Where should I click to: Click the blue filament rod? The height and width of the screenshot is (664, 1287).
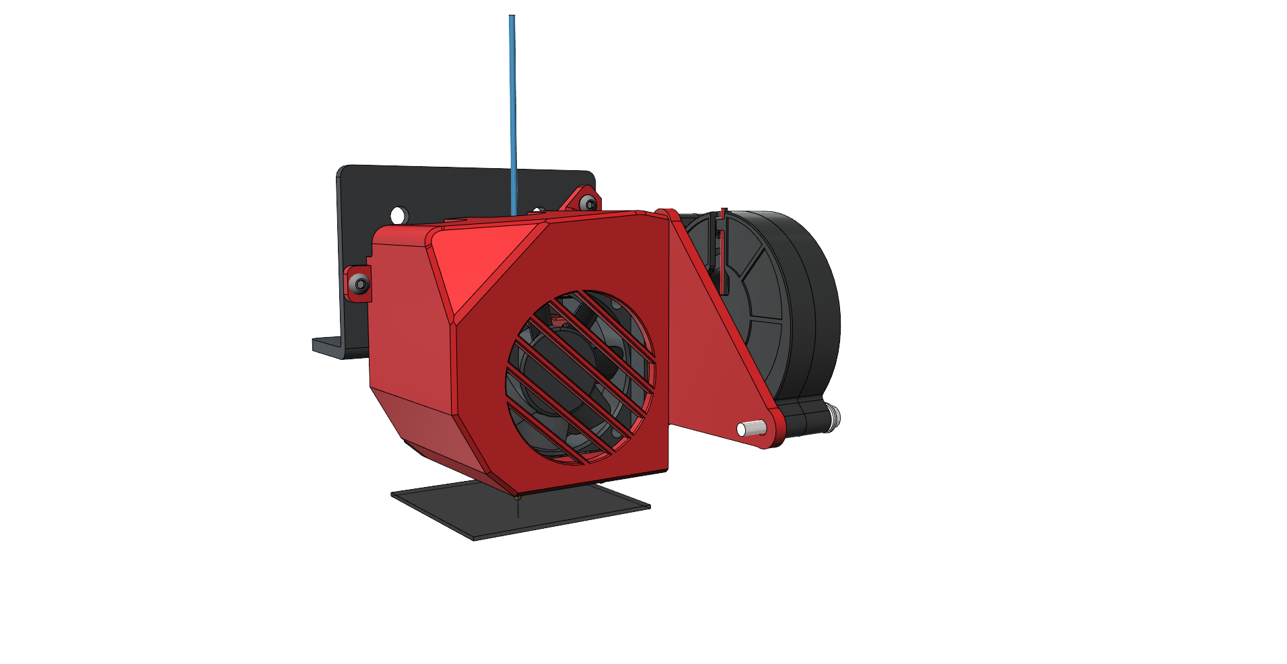(512, 114)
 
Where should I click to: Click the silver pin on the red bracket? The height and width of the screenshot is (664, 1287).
(752, 428)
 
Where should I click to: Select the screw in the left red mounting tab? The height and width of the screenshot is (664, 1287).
(361, 284)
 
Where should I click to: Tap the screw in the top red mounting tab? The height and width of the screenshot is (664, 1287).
(590, 203)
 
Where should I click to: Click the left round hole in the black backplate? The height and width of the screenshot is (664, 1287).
(399, 215)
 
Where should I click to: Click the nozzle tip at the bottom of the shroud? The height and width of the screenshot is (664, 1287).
(518, 499)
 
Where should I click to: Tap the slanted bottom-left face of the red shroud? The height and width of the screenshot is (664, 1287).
(431, 431)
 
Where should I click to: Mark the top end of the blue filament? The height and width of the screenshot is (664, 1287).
(512, 17)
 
